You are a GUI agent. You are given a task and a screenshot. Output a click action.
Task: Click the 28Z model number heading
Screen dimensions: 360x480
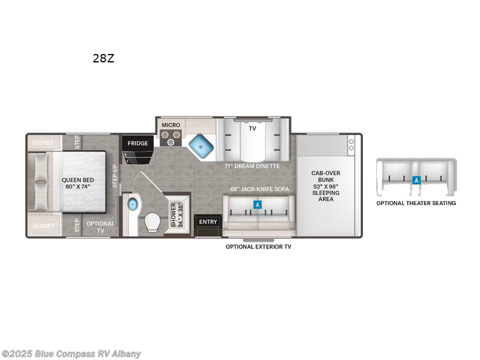pyautogui.click(x=103, y=59)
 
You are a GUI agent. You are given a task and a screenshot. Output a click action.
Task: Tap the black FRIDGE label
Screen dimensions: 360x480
pyautogui.click(x=137, y=143)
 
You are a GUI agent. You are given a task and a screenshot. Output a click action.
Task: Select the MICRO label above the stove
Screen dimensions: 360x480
pyautogui.click(x=170, y=125)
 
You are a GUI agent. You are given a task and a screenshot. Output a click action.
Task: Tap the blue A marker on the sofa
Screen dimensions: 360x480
pyautogui.click(x=257, y=205)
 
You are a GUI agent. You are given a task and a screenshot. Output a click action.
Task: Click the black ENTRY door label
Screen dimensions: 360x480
pyautogui.click(x=208, y=222)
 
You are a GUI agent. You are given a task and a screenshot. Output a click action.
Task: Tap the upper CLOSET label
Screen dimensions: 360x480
pyautogui.click(x=43, y=143)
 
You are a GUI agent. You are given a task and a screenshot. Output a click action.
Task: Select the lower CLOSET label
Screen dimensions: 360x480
pyautogui.click(x=43, y=226)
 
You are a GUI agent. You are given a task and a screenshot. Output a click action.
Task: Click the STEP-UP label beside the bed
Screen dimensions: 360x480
pyautogui.click(x=115, y=176)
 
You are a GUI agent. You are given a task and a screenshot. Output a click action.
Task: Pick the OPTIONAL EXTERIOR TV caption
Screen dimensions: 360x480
pyautogui.click(x=258, y=247)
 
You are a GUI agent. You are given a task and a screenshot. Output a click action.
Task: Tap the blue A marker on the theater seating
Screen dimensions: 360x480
pyautogui.click(x=415, y=179)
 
